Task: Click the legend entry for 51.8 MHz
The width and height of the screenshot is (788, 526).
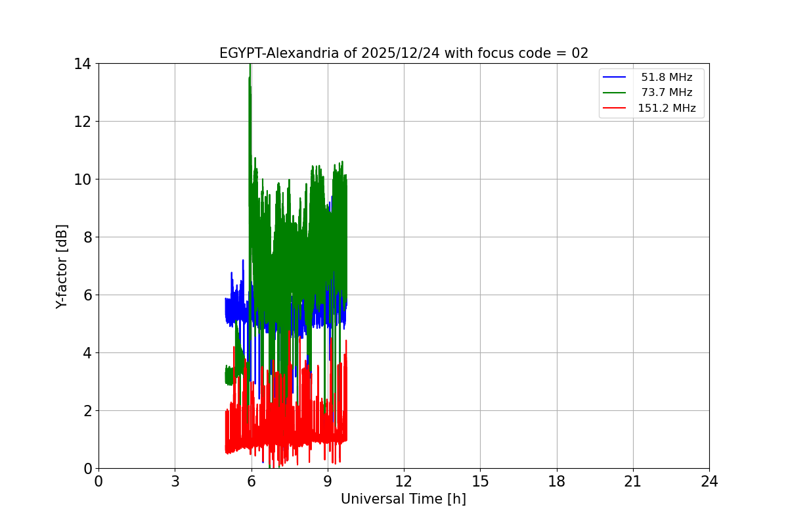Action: click(x=667, y=78)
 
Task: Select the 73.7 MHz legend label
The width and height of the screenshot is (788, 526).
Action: click(x=667, y=93)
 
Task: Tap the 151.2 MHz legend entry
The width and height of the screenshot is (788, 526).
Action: click(x=667, y=108)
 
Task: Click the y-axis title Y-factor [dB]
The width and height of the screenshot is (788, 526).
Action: click(x=62, y=266)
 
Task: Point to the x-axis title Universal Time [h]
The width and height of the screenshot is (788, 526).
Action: click(x=403, y=499)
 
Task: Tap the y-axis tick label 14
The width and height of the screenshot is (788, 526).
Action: click(x=82, y=64)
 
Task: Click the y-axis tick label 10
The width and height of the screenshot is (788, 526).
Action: click(x=82, y=179)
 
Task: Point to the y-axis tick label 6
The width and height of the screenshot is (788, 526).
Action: click(x=86, y=295)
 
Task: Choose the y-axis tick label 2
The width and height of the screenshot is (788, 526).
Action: click(x=86, y=411)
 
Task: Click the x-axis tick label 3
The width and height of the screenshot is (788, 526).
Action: click(x=175, y=482)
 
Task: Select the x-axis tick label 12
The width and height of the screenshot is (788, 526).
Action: click(x=404, y=482)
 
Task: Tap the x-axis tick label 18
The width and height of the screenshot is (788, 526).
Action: click(x=557, y=482)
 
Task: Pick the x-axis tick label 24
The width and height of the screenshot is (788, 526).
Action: click(x=709, y=482)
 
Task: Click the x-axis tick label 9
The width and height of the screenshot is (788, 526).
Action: click(x=328, y=482)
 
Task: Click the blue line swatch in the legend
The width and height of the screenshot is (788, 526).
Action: click(x=615, y=78)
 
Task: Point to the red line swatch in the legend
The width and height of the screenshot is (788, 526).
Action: click(x=615, y=108)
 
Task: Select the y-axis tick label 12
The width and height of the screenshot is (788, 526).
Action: click(x=82, y=122)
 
